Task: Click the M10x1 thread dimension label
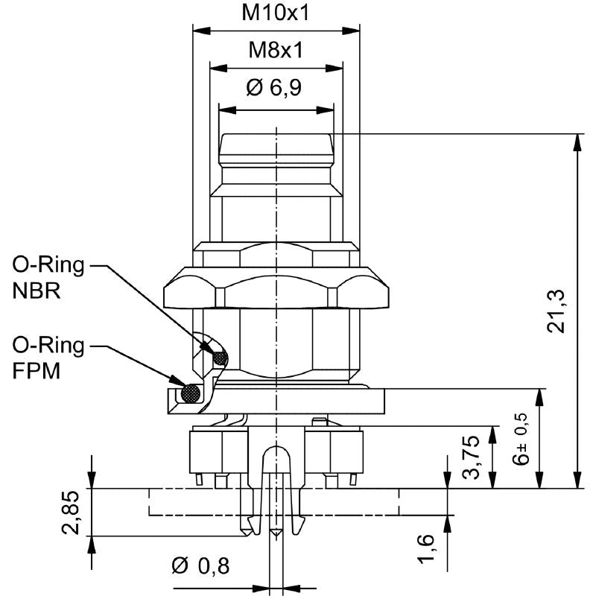tap(276, 13)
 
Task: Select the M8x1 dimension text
tap(276, 50)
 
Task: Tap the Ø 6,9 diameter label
tap(274, 87)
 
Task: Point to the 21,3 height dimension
tap(556, 311)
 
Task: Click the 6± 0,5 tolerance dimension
tap(521, 439)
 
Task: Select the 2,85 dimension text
tap(71, 513)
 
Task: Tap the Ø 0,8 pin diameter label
tap(200, 565)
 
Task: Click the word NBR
tap(37, 291)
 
